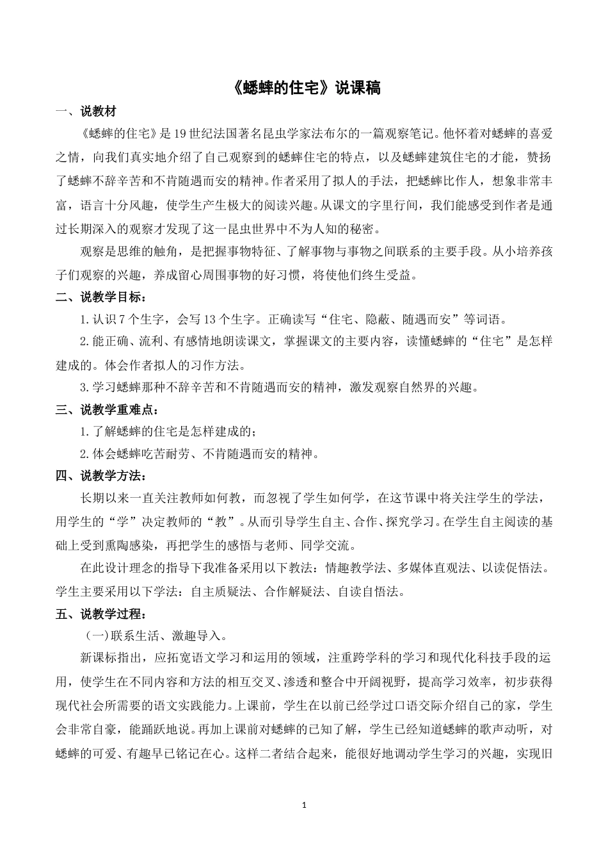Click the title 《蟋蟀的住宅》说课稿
point(304,88)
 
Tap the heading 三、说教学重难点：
point(107,409)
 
